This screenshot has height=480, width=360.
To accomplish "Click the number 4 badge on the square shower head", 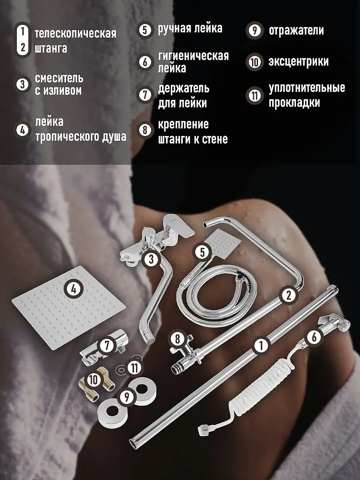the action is click(x=74, y=289).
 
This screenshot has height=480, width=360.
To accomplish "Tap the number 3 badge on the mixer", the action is click(x=151, y=259).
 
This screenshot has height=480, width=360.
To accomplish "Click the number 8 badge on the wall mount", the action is click(x=178, y=339).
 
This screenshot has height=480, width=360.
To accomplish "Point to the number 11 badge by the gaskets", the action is click(x=134, y=367).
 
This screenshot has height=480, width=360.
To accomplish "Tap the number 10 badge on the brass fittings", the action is click(x=93, y=380).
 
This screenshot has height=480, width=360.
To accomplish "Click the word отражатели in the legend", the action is click(x=296, y=30).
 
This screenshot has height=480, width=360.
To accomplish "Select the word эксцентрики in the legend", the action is click(x=298, y=62).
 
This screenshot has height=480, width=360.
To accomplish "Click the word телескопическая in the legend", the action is click(x=76, y=34).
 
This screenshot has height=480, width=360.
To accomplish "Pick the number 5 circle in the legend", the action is click(x=145, y=30).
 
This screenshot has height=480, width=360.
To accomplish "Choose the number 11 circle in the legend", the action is click(x=255, y=95).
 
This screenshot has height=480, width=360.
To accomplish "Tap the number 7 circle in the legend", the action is click(x=145, y=95).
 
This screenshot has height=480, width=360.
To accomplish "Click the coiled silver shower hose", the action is click(x=215, y=293).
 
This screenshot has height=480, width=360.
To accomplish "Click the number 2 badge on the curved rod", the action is click(x=289, y=296).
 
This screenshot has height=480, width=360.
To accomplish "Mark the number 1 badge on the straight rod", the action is click(x=261, y=346).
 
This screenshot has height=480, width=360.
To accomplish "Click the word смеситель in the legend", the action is click(x=59, y=78).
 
